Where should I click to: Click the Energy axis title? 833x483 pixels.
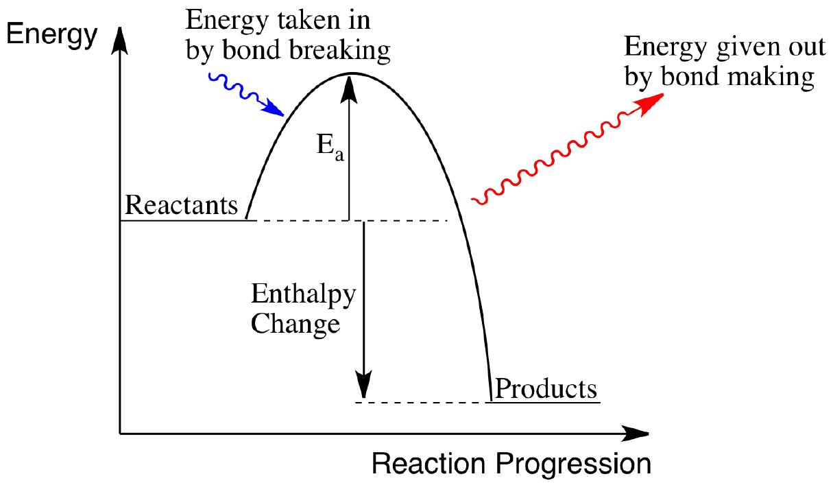coord(51,35)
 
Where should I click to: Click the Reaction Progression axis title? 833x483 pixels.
coord(511,464)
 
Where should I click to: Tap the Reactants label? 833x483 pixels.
coord(181,205)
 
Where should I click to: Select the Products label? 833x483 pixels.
coord(546,389)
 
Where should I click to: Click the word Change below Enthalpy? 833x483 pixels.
coord(295,325)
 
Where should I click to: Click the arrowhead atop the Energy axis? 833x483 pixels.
coord(120,41)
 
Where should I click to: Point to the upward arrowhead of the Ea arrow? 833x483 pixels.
coord(349,89)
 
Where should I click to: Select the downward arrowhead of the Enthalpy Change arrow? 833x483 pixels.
coord(363,385)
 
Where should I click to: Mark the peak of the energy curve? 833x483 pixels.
coord(352,73)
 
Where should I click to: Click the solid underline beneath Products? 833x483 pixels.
coord(543,402)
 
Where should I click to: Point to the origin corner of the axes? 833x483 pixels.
coord(120,434)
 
